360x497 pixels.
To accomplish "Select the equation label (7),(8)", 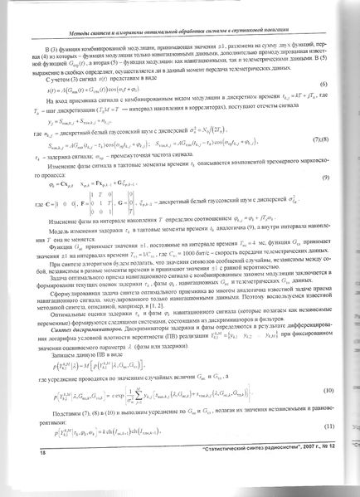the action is [x=319, y=139].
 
